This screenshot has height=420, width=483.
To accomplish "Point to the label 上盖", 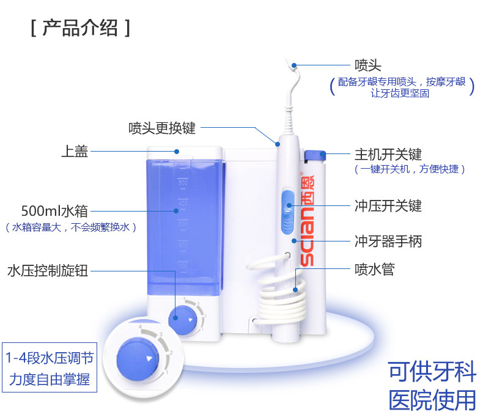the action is pos(74,151).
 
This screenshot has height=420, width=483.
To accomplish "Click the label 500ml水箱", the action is pos(54,211).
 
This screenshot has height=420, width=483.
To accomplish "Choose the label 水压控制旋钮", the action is pos(47,270).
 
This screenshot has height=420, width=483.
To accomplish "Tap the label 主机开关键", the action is pos(388,155).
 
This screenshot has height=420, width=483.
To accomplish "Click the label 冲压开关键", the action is pos(388,205).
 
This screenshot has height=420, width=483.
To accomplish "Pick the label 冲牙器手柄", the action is pos(388,241).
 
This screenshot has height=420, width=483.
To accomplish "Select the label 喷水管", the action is pos(374,269).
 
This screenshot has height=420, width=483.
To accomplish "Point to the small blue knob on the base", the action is pos(182,318).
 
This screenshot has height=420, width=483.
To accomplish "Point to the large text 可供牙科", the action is pos(432,372).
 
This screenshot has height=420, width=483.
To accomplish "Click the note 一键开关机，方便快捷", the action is pos(409,169).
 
